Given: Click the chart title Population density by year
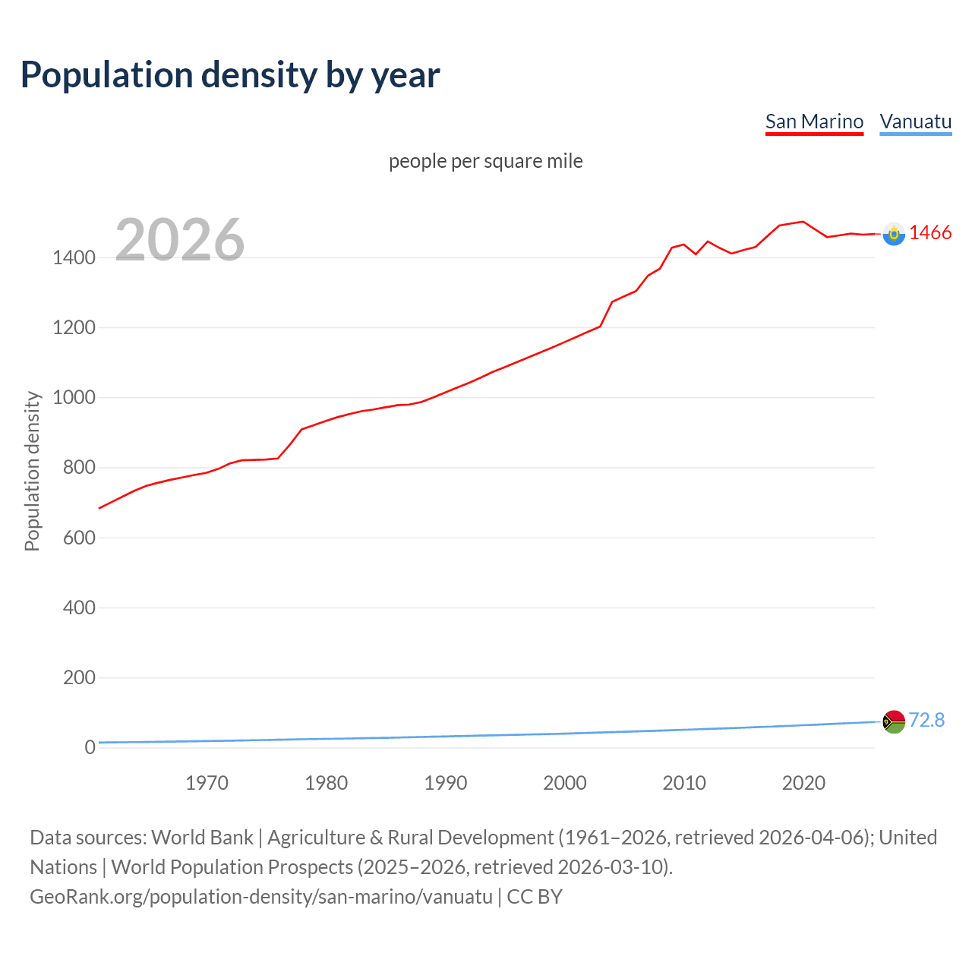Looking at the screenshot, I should click(x=230, y=75).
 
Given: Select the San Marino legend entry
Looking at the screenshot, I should click(x=814, y=121).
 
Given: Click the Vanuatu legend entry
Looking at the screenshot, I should click(x=915, y=121).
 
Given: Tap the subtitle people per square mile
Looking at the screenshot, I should click(x=485, y=161).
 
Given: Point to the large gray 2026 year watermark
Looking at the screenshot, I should click(x=180, y=240).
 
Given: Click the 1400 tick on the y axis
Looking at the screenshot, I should click(x=74, y=257).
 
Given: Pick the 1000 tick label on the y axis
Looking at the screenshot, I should click(x=74, y=398).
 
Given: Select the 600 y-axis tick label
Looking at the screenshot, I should click(x=79, y=538).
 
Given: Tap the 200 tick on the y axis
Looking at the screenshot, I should click(x=79, y=677).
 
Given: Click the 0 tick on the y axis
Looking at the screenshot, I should click(x=90, y=747).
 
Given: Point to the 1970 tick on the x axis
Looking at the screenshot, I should click(x=207, y=783).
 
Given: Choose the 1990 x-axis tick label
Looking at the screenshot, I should click(x=446, y=783).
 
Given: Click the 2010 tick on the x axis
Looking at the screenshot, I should click(x=684, y=783).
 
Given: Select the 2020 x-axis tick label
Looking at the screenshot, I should click(x=803, y=783).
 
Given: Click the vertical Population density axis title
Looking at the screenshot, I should click(x=32, y=471).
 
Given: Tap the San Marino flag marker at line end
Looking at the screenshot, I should click(x=894, y=234).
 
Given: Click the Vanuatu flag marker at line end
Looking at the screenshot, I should click(x=894, y=721).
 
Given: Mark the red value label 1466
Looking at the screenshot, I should click(x=930, y=233).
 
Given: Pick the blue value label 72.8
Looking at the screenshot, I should click(x=926, y=720).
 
